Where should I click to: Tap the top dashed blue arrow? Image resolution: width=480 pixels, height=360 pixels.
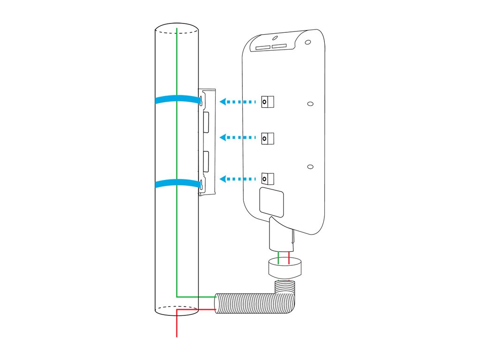pyautogui.click(x=239, y=101)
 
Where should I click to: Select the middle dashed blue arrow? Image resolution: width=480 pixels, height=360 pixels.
pyautogui.click(x=239, y=138)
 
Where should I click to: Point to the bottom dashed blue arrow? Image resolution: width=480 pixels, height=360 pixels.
pyautogui.click(x=239, y=179)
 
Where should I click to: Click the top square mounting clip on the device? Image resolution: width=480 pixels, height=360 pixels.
pyautogui.click(x=267, y=102)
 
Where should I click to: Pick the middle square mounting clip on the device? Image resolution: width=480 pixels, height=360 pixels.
pyautogui.click(x=267, y=138)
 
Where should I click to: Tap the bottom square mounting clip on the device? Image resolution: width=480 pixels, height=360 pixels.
pyautogui.click(x=267, y=179)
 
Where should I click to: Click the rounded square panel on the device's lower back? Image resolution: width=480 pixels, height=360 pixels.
pyautogui.click(x=271, y=202)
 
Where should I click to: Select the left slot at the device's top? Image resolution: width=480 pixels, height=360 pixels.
pyautogui.click(x=263, y=47)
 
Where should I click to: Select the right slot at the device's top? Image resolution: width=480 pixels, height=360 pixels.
pyautogui.click(x=279, y=46)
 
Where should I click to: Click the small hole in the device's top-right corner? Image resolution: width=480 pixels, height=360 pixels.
pyautogui.click(x=307, y=42)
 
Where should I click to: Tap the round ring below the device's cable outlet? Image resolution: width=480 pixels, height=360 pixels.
pyautogui.click(x=285, y=269)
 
